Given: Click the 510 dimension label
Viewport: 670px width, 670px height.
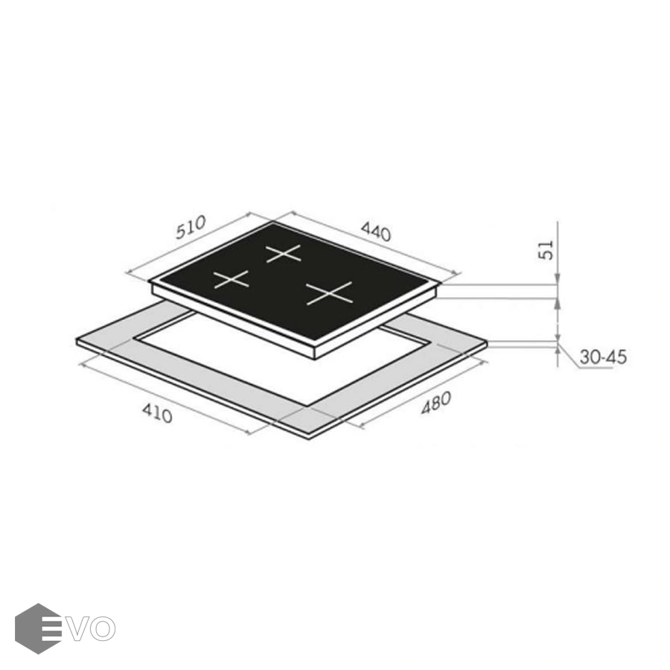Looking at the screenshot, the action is tap(191, 227).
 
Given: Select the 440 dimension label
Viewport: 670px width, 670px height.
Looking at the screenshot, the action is tap(376, 232).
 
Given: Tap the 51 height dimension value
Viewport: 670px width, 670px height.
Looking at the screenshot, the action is tap(547, 250).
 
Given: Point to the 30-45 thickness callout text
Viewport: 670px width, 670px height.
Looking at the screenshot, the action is tap(603, 357).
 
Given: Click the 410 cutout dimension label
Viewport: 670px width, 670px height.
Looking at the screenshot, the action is tap(157, 413).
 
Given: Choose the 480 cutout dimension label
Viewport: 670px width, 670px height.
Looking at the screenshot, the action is tap(435, 403).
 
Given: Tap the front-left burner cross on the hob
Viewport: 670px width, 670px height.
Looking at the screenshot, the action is tap(232, 280).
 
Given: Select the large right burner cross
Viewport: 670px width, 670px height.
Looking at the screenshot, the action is tap(329, 293).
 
